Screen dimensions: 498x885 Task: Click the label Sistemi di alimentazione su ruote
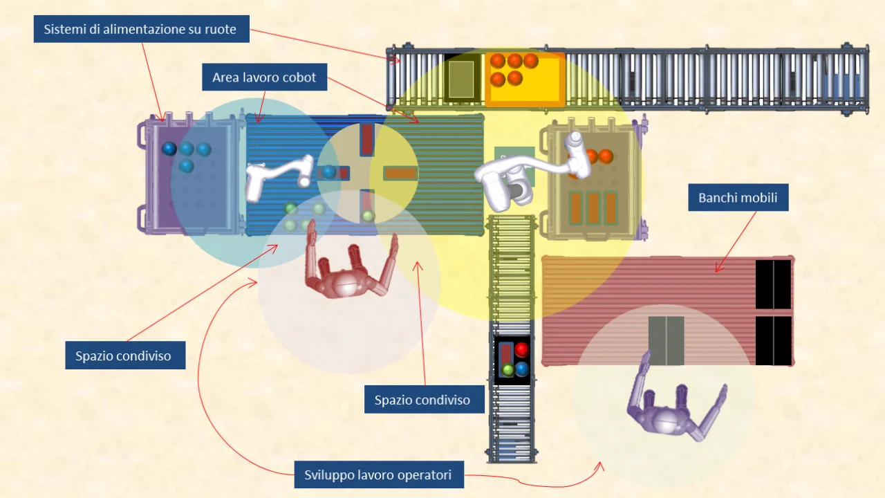click(140, 29)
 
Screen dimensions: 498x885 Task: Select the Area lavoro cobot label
click(264, 77)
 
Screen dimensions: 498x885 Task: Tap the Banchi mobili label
click(738, 198)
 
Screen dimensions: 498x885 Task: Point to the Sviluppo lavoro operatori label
click(378, 474)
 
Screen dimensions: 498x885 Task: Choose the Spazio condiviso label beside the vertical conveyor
click(422, 400)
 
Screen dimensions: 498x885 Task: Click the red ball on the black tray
click(521, 350)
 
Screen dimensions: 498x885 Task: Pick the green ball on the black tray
click(508, 370)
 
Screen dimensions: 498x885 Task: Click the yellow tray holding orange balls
click(525, 79)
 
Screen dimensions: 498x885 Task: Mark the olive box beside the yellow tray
click(461, 78)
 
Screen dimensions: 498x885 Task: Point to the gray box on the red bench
click(667, 341)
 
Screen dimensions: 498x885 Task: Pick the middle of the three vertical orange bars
click(593, 207)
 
